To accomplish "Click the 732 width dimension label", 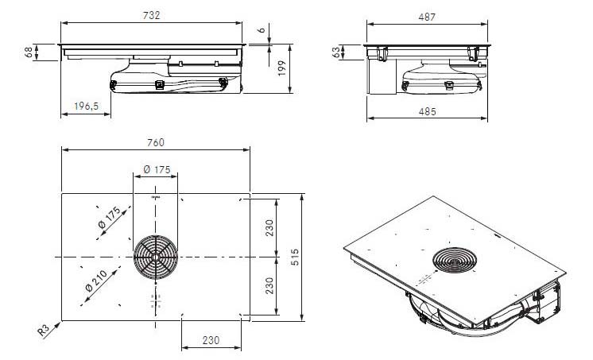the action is (x=152, y=15).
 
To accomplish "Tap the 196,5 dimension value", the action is (x=86, y=106).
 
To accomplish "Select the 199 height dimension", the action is (x=281, y=68).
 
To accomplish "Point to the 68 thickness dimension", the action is (x=29, y=52).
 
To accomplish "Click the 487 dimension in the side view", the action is (x=427, y=17).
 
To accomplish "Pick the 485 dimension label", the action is (x=428, y=111).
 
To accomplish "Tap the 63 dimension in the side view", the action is (x=336, y=52).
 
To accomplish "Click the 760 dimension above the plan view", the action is (x=156, y=142).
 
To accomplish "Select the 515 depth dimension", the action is (x=296, y=257).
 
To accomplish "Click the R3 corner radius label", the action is (x=44, y=331).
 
